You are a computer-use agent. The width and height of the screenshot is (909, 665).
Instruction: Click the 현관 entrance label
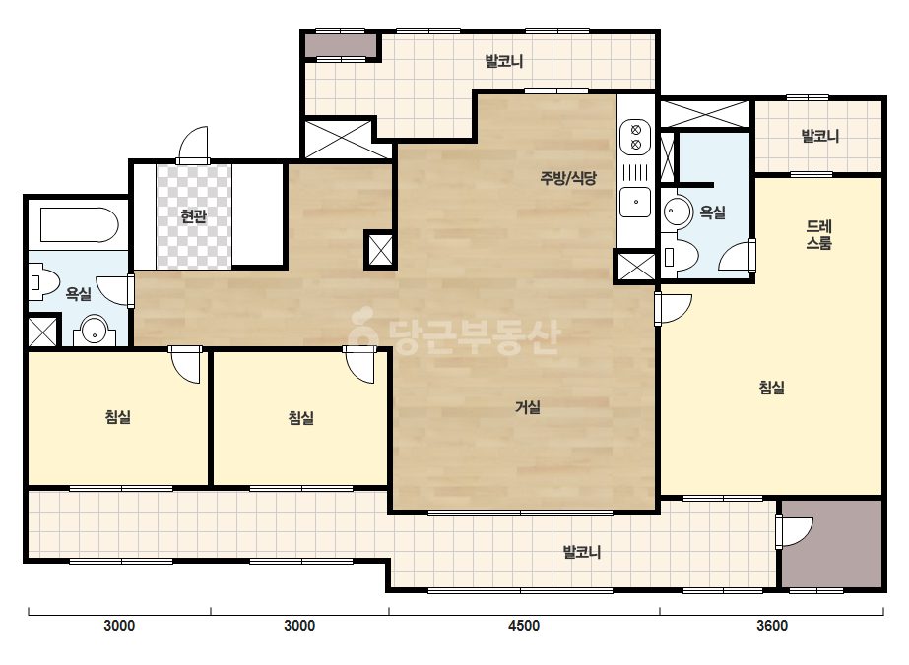[x=193, y=216]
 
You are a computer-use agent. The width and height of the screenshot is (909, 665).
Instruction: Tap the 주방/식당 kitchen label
[x=568, y=178]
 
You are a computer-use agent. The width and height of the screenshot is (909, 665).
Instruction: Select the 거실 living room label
[x=528, y=407]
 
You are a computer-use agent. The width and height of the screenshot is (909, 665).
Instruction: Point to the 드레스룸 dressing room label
[x=818, y=234]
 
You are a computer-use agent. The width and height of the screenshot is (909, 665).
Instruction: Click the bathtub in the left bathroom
[x=79, y=224]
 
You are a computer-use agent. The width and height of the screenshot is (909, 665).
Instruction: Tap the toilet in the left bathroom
[x=43, y=282]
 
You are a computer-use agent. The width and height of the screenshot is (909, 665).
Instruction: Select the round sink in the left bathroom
[x=94, y=332]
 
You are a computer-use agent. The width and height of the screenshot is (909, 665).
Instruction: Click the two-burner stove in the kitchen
[x=635, y=138]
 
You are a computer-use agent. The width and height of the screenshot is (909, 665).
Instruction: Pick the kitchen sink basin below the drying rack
[x=635, y=203]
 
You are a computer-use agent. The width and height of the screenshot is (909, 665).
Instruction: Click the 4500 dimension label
[x=524, y=626]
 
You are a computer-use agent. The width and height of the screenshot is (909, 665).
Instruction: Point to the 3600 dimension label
[x=772, y=626]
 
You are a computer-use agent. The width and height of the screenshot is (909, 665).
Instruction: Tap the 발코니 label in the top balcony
[x=504, y=61]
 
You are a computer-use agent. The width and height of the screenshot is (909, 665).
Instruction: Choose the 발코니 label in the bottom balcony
[x=582, y=552]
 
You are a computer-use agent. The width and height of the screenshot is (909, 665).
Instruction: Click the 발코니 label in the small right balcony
[x=819, y=136]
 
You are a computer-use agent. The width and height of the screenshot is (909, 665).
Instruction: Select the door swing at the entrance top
[x=194, y=145]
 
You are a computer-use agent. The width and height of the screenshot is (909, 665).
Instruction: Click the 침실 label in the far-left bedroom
[x=118, y=416]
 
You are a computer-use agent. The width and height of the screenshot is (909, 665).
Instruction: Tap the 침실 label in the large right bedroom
[x=772, y=387]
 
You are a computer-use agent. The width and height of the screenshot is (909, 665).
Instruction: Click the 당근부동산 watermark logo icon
[x=362, y=328]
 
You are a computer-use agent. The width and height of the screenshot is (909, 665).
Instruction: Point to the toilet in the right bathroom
[x=680, y=256]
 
